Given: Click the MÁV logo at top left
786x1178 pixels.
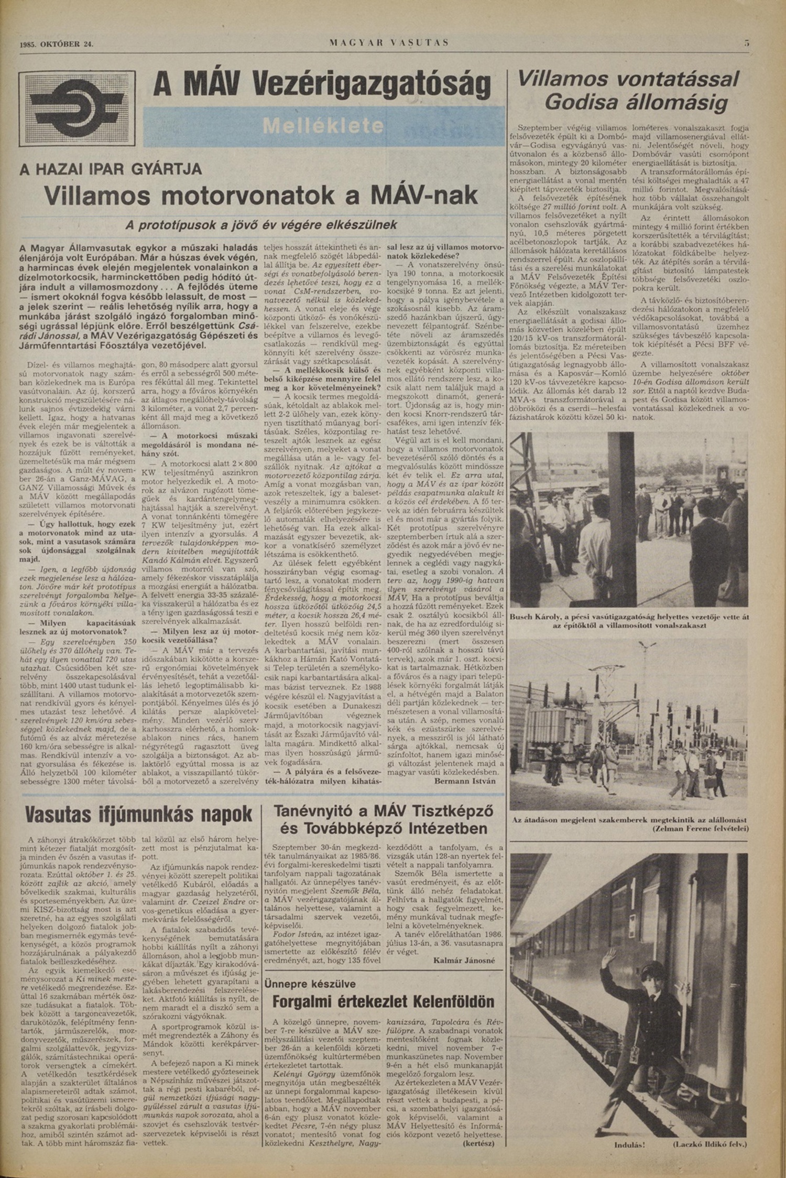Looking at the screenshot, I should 77,109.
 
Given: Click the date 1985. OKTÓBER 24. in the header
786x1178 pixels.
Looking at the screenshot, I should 57,44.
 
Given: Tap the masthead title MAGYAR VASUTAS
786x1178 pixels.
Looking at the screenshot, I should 389,43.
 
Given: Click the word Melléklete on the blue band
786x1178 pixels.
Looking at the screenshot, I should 324,126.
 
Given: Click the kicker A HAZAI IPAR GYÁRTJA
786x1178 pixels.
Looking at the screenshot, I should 111,169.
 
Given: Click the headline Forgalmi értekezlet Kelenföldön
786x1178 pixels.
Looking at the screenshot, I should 383,1001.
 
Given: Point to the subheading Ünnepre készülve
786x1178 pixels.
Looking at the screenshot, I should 310,983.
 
